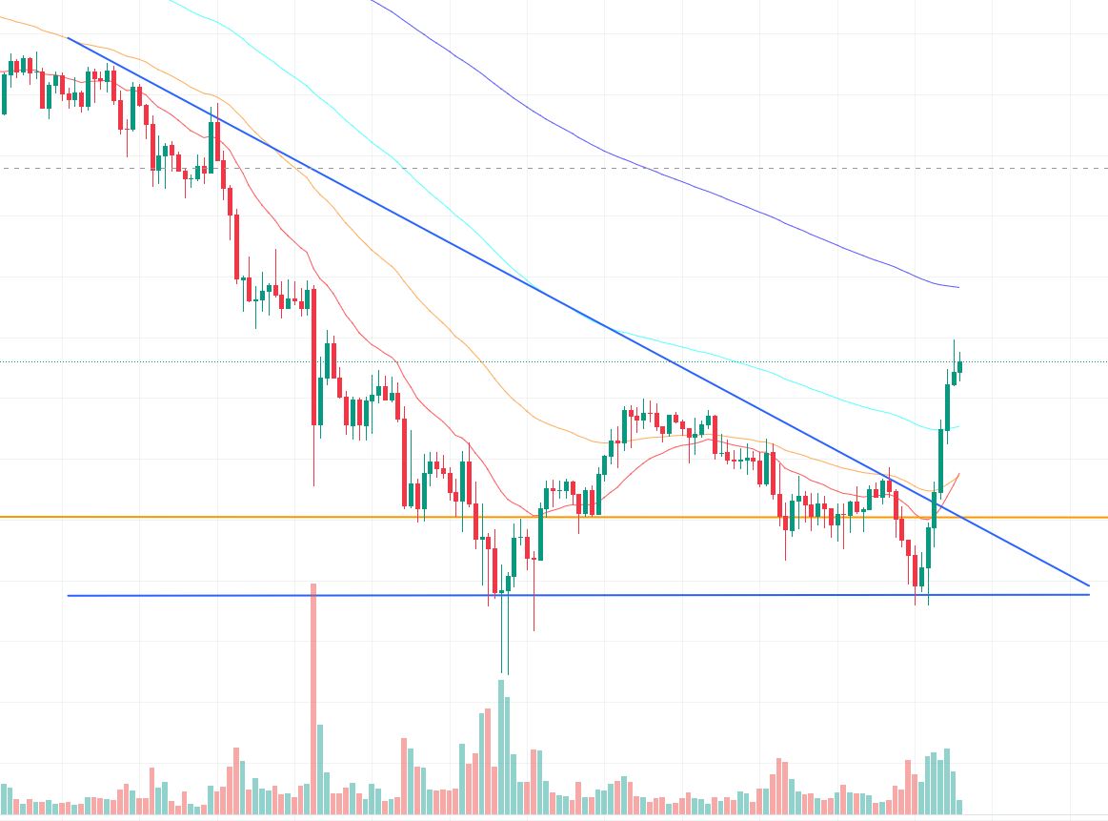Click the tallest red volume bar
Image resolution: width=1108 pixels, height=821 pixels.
pos(312,696)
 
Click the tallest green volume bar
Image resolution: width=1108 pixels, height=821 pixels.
pos(501,744)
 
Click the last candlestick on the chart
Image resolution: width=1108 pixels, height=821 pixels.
pos(960,367)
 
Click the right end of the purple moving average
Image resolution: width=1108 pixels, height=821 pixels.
pos(957,287)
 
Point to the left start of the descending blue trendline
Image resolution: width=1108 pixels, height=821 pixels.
pos(69,38)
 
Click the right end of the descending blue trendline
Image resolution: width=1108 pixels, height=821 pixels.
pos(1088,585)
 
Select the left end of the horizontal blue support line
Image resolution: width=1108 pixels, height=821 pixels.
pos(69,596)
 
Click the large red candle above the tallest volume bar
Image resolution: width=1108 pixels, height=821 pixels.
pos(312,358)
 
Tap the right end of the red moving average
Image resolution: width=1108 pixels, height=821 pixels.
pos(958,473)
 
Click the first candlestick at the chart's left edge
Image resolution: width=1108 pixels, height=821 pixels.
pos(4,93)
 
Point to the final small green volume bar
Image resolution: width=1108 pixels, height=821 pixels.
pos(960,806)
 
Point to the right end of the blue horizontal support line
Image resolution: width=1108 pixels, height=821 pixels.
pos(1088,595)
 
